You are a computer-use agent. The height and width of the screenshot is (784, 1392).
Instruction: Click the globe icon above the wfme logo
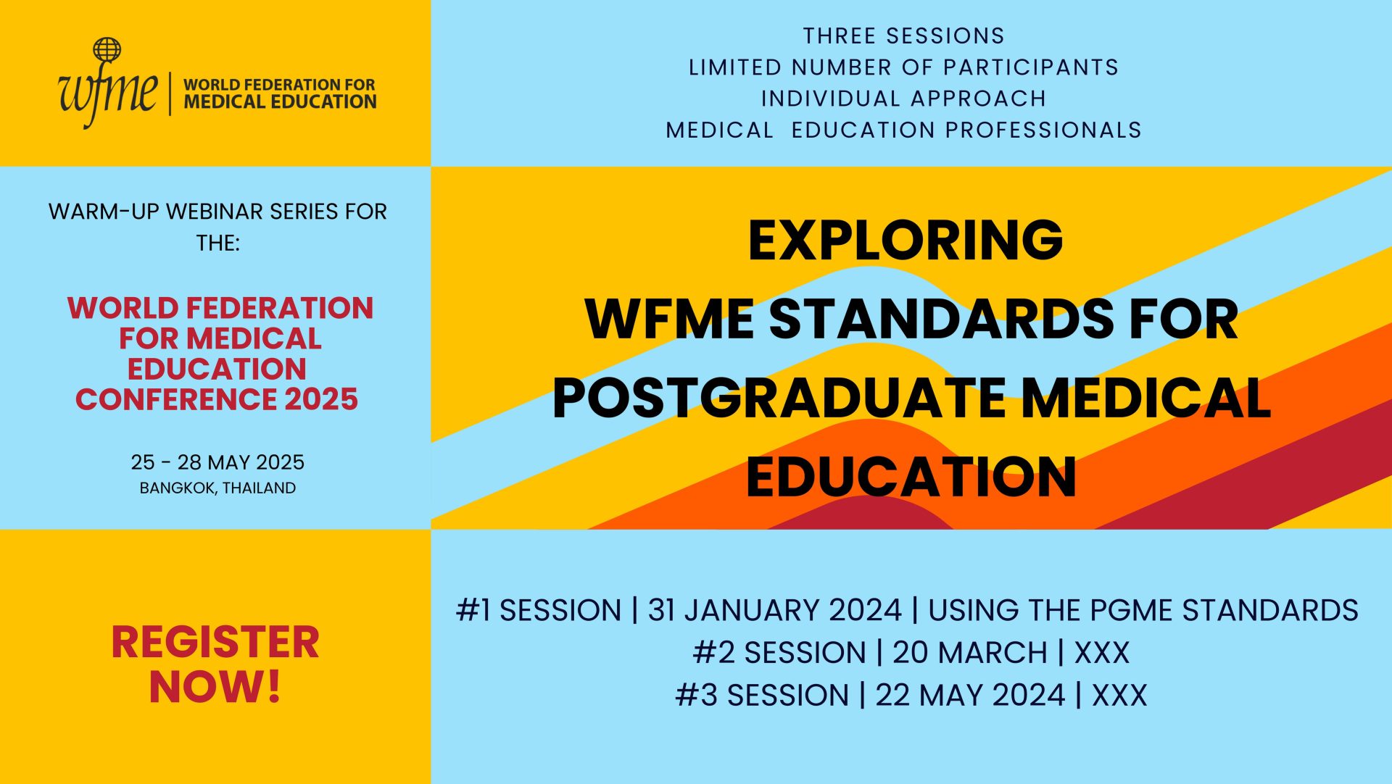[x=107, y=50]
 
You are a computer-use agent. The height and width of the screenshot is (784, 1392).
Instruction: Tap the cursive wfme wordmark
[x=107, y=93]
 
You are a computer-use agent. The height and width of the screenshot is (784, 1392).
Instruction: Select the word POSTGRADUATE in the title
[x=779, y=398]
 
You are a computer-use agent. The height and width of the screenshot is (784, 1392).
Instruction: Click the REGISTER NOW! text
[x=215, y=664]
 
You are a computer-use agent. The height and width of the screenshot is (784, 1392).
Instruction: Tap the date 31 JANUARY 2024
[x=774, y=610]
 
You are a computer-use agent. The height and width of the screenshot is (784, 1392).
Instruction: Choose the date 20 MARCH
[x=969, y=653]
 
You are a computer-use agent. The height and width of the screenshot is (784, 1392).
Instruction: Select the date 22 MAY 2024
[x=970, y=695]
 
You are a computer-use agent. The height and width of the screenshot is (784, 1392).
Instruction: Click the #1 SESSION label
[x=539, y=610]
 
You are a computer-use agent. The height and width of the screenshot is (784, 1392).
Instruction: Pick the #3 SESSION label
[x=762, y=695]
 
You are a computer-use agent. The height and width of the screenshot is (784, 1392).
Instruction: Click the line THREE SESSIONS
[x=903, y=36]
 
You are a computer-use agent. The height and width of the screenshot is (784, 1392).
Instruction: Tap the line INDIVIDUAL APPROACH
[x=903, y=99]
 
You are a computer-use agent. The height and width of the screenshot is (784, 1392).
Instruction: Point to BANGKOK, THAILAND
[x=217, y=488]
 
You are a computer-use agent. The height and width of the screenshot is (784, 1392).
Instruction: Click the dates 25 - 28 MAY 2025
[x=217, y=462]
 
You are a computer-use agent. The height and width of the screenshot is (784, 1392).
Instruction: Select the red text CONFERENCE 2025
[x=217, y=399]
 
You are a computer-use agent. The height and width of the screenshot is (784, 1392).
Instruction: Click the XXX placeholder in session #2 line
[x=1101, y=653]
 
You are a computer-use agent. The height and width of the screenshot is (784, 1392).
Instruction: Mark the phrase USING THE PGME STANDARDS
[x=1143, y=610]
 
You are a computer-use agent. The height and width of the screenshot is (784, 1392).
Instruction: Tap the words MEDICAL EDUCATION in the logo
[x=280, y=102]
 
